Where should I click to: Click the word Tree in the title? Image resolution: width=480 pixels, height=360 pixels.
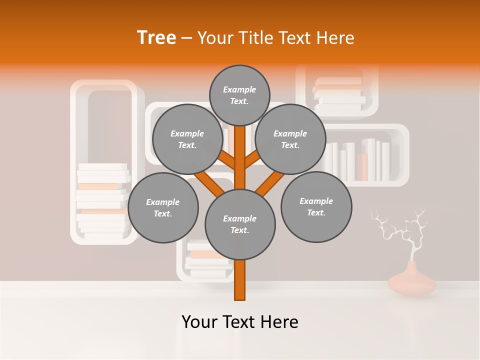(x=156, y=37)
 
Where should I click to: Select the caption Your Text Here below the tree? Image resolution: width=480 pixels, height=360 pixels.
(x=239, y=322)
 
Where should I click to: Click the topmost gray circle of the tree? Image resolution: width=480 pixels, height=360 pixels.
(x=239, y=95)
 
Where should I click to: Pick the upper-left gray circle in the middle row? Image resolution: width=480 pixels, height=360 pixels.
(x=187, y=139)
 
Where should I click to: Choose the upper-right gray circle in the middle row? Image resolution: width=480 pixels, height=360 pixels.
(x=290, y=139)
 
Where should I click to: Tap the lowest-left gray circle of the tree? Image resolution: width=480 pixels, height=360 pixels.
(x=163, y=207)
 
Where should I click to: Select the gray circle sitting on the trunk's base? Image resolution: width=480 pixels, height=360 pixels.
(x=240, y=224)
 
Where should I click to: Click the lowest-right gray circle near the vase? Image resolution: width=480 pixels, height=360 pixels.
(x=316, y=206)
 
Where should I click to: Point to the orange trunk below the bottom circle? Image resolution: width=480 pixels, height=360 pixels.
(x=240, y=280)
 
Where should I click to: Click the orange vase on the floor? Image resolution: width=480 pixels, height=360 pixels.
(x=412, y=283)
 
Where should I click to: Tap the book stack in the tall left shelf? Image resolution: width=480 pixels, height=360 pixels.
(x=102, y=200)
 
